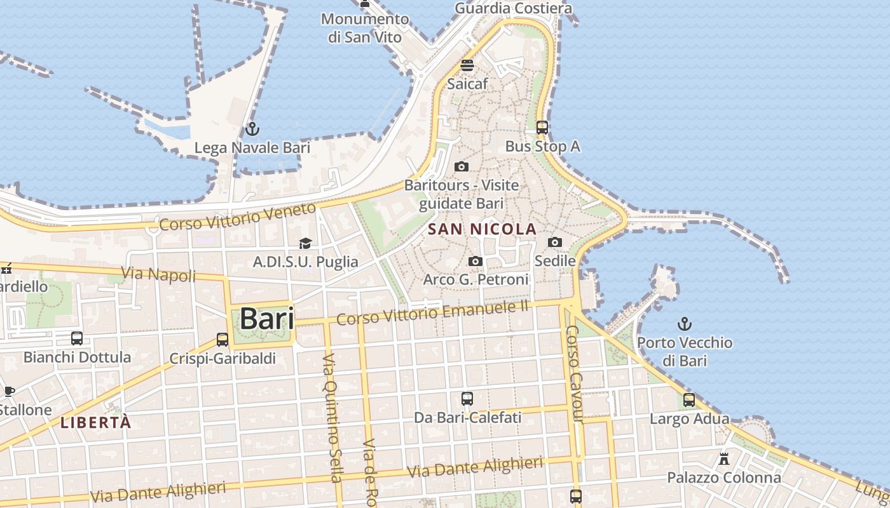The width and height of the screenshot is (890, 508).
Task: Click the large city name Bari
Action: [267, 319]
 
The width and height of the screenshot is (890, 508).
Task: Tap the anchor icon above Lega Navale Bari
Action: [252, 129]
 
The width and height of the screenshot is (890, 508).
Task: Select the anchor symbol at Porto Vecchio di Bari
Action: [684, 324]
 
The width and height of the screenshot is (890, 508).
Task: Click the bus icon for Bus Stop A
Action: [542, 128]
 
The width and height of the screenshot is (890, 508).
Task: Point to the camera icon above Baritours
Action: [462, 167]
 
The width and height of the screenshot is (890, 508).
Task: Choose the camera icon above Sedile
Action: [555, 242]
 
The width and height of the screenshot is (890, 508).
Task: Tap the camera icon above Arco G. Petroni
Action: [475, 262]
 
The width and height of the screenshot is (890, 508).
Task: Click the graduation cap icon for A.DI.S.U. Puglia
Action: [305, 243]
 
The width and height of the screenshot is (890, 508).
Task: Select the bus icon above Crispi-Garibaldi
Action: [222, 340]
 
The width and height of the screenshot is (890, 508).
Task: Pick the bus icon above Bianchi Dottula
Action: [77, 338]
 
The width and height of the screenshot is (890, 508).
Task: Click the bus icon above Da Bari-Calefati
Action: [467, 399]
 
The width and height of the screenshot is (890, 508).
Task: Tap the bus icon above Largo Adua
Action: [689, 400]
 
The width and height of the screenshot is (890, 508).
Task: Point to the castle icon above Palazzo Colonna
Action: [723, 458]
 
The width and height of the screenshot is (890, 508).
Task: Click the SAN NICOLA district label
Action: [483, 229]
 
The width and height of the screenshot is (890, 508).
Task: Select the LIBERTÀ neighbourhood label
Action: [96, 423]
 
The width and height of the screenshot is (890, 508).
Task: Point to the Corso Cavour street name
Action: [574, 374]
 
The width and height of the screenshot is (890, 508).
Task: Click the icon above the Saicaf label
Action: [467, 65]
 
